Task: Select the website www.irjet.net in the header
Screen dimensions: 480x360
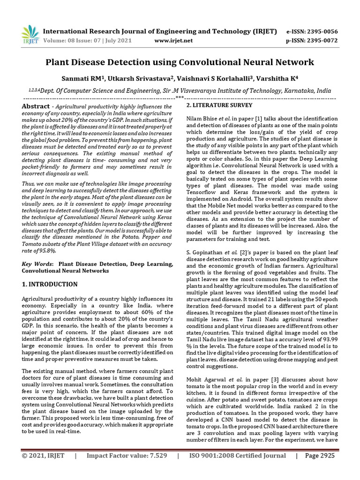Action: pos(173,40)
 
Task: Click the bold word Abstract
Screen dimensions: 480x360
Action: pos(36,107)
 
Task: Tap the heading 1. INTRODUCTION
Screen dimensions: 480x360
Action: pos(50,285)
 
